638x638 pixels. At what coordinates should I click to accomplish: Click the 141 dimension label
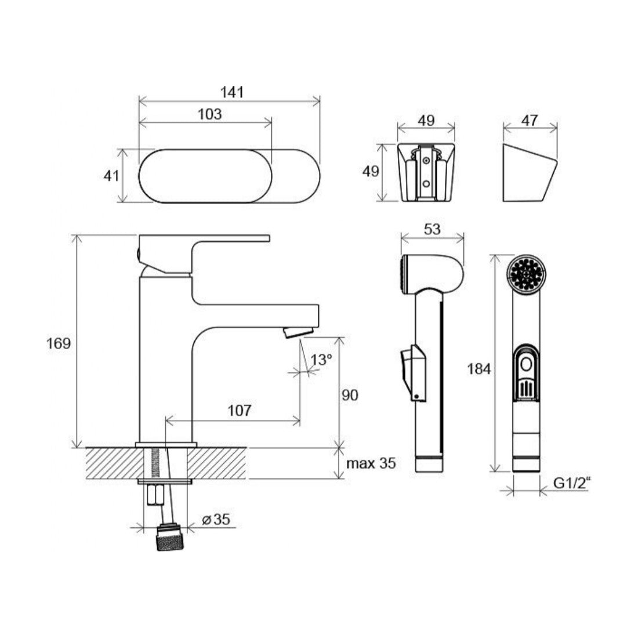[232, 92]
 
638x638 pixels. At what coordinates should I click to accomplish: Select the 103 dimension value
[210, 114]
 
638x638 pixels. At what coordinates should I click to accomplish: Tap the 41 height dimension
[111, 176]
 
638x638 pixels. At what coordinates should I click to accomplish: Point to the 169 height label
[58, 343]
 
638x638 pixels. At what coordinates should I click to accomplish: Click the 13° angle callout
[321, 360]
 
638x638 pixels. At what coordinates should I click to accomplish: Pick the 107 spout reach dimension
[239, 411]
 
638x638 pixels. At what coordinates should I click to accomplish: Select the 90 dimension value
[350, 395]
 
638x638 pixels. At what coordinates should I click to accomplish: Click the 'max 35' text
[371, 463]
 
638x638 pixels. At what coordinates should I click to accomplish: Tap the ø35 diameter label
[216, 519]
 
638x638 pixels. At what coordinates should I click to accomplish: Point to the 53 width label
[432, 230]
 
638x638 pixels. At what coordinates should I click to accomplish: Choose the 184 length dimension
[479, 369]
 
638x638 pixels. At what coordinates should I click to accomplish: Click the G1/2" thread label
[572, 483]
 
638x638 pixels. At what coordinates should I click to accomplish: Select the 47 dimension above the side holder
[530, 121]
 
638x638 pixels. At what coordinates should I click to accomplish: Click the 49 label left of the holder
[370, 171]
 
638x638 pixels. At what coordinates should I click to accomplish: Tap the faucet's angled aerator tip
[298, 332]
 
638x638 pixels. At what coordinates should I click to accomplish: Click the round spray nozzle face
[527, 274]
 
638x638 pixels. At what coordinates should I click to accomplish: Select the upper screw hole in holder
[426, 161]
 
